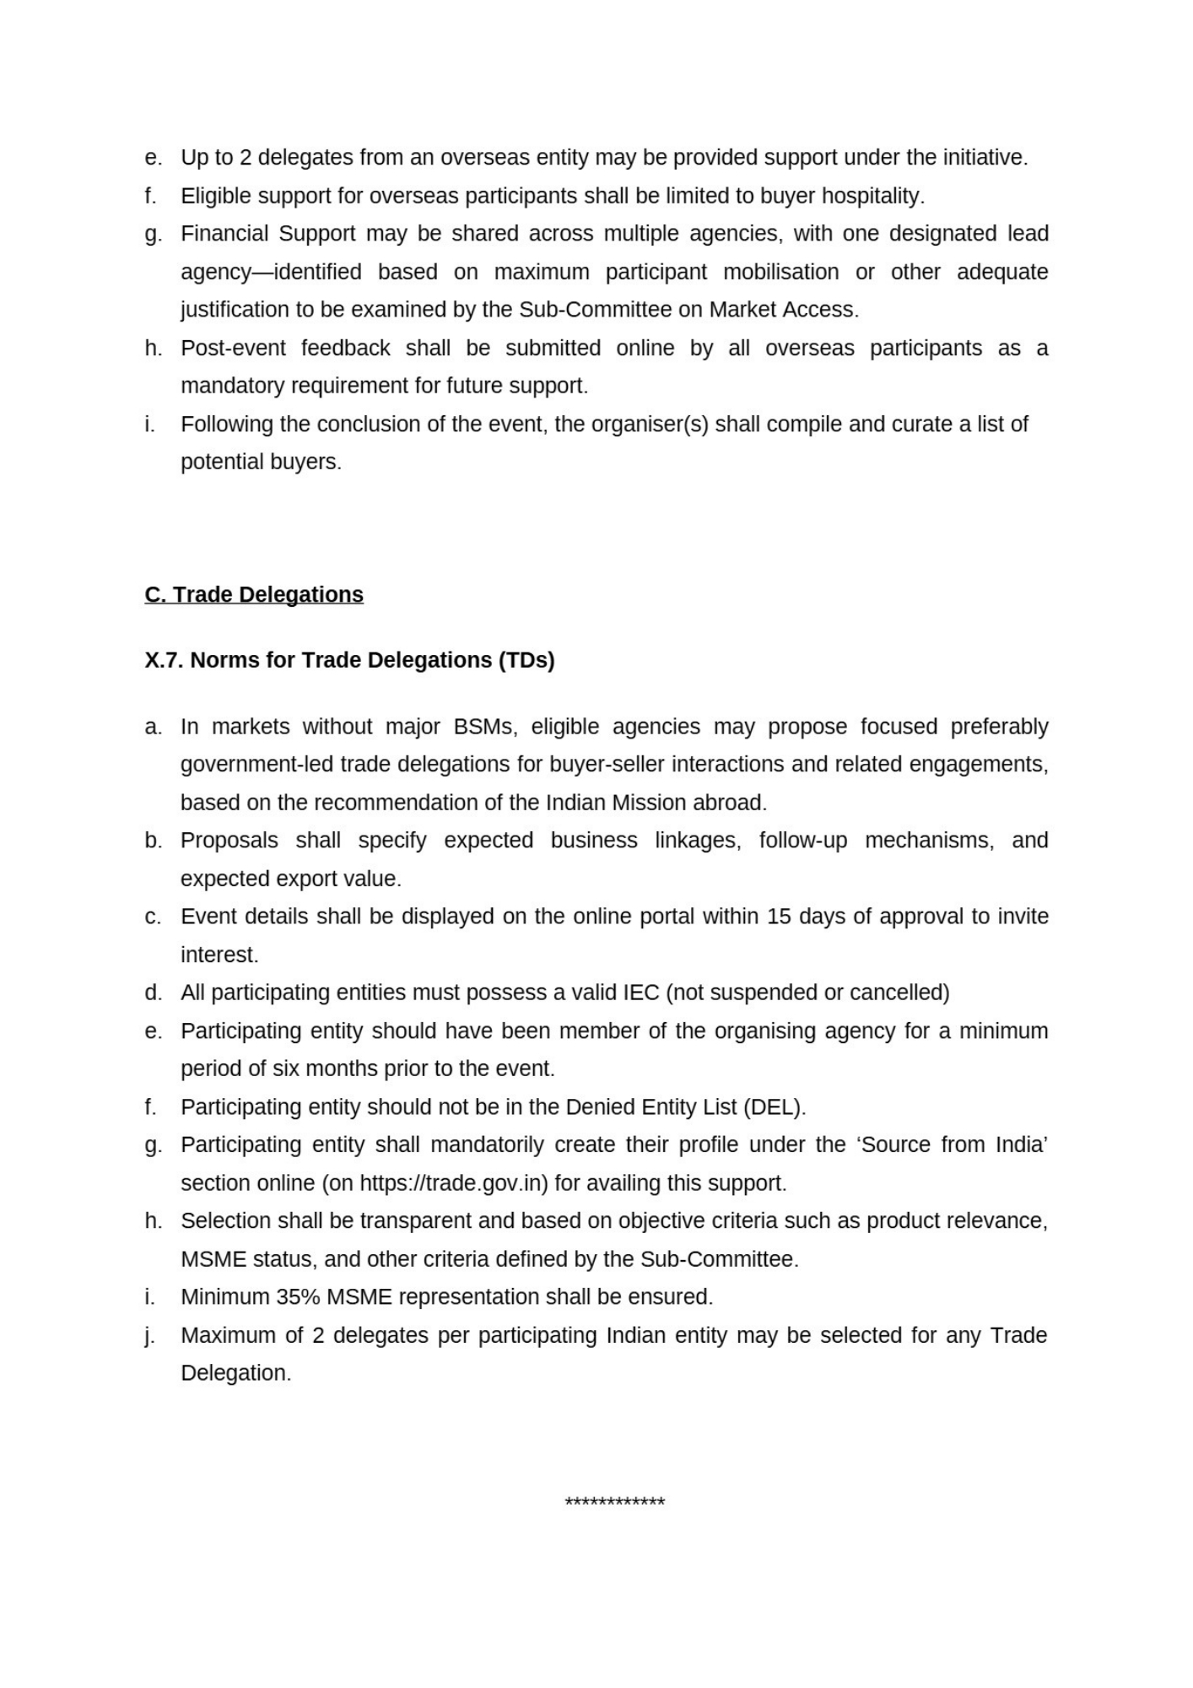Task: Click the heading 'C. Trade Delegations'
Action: click(x=254, y=594)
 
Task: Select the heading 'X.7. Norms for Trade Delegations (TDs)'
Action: click(x=349, y=660)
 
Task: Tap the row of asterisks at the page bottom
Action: click(x=614, y=1501)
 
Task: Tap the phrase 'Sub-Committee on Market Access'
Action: click(x=688, y=310)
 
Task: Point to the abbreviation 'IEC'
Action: click(x=640, y=993)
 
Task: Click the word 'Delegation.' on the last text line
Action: click(x=235, y=1373)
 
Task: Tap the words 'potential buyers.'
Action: click(x=261, y=462)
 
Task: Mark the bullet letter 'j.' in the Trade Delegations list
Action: click(x=149, y=1335)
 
